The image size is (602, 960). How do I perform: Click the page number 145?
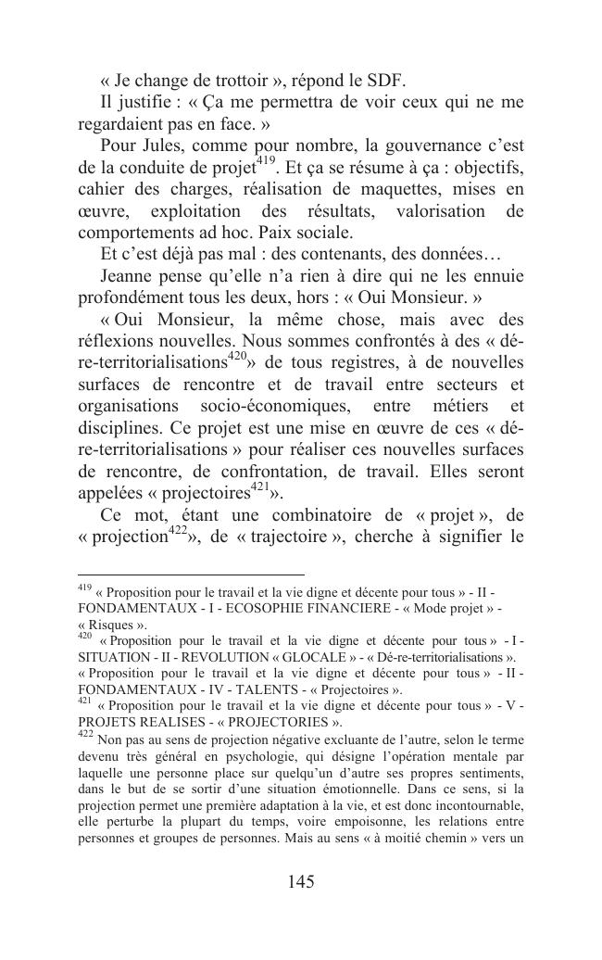[301, 881]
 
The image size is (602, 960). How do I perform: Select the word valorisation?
[437, 212]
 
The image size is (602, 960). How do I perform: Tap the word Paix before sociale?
[290, 234]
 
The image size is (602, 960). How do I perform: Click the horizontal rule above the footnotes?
[191, 575]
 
